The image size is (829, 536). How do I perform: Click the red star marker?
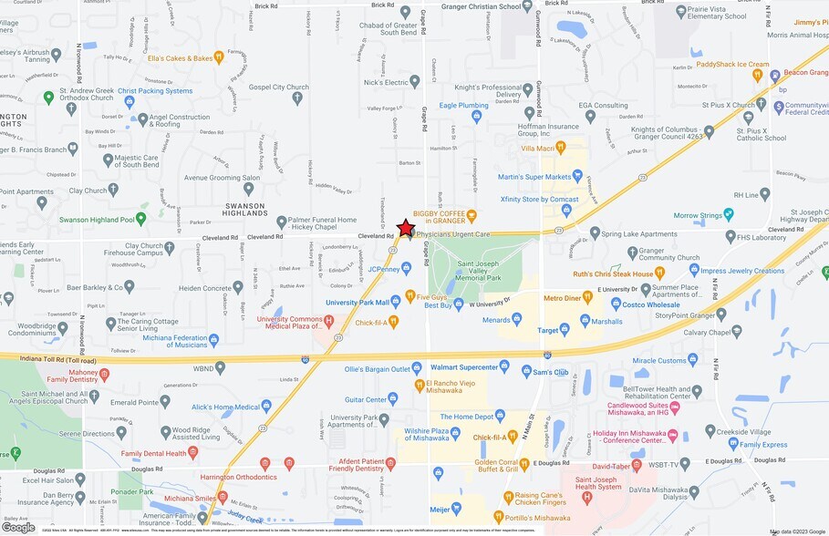tap(406, 228)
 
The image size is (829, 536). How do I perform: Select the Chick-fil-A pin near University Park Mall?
tap(393, 322)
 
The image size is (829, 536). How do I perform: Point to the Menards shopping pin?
tap(516, 318)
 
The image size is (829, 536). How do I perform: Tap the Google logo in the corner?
tap(18, 527)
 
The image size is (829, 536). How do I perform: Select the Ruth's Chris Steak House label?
tap(613, 273)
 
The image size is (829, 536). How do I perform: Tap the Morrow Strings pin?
tap(729, 214)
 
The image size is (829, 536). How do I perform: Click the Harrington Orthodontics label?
tap(240, 476)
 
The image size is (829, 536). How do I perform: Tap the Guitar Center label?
tap(364, 399)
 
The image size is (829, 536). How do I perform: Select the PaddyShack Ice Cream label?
tap(732, 65)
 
